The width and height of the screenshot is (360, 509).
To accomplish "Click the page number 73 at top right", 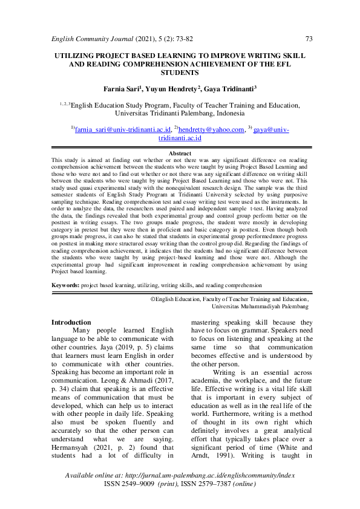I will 309,39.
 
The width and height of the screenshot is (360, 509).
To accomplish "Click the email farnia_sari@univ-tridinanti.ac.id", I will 122,129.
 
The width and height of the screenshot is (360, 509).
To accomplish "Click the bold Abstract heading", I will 180,154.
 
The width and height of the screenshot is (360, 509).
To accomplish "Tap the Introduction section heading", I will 71,323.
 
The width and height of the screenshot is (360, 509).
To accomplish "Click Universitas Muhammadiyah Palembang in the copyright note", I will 261,307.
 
